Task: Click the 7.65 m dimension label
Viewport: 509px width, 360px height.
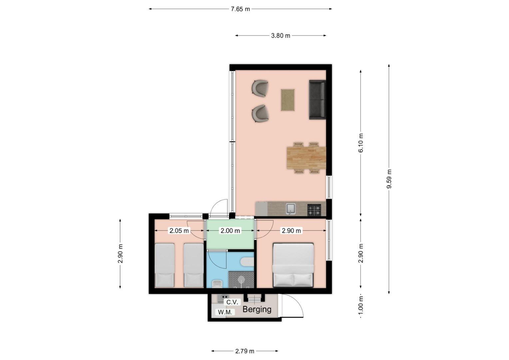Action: (240, 9)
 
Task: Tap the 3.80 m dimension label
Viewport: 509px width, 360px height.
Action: (280, 36)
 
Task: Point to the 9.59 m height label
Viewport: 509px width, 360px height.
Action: (389, 179)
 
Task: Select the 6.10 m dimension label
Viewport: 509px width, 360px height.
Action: (361, 143)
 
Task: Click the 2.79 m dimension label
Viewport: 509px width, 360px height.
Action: (245, 351)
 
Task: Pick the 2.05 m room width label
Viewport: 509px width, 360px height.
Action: (179, 231)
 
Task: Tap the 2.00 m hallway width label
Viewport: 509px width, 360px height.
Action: (230, 231)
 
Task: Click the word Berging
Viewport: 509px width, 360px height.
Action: (257, 310)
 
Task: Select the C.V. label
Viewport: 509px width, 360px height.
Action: (232, 302)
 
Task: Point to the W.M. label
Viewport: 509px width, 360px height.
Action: (225, 312)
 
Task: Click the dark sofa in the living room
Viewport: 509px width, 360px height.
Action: (317, 100)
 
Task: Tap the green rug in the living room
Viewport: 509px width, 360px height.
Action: (288, 100)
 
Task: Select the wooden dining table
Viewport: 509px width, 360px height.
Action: (306, 158)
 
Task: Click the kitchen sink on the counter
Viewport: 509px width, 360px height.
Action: (290, 209)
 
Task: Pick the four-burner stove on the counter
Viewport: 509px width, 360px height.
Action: (314, 210)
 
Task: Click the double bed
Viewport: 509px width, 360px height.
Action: (293, 265)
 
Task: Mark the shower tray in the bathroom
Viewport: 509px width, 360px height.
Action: (241, 279)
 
